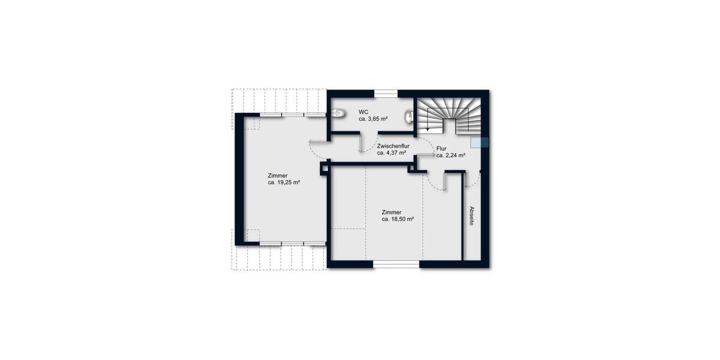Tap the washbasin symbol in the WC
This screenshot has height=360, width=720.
tap(409, 116)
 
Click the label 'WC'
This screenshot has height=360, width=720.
tap(364, 112)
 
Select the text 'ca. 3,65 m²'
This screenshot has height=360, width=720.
tap(373, 119)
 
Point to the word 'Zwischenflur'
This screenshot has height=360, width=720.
tap(393, 146)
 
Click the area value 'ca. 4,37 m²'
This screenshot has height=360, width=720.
tap(392, 153)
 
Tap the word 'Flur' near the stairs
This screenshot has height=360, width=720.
tap(442, 148)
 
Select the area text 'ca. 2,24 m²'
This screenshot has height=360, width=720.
tap(452, 155)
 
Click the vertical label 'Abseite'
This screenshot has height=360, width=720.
tap(472, 216)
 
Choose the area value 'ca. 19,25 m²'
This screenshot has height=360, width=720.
tap(284, 182)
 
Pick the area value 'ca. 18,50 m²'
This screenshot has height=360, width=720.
tap(398, 220)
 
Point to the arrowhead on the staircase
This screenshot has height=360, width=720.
tap(427, 128)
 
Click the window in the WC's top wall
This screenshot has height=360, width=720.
tap(386, 93)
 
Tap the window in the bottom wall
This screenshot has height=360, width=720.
tap(397, 264)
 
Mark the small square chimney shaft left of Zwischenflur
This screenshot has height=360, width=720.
tap(325, 169)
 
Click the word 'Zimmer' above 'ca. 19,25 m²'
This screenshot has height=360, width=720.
tap(277, 175)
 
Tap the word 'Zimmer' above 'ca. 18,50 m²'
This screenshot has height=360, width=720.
tap(391, 212)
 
